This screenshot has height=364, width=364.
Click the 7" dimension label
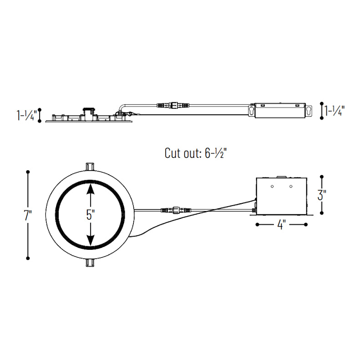click(28, 215)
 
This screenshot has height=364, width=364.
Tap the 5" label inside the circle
click(91, 214)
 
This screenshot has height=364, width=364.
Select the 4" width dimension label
click(281, 224)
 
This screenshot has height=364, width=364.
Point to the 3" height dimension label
click(322, 195)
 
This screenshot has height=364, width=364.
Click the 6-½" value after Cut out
click(216, 153)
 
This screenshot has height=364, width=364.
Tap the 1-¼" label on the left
click(26, 115)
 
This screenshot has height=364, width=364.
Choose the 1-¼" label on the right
click(334, 111)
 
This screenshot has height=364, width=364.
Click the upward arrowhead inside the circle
click(90, 189)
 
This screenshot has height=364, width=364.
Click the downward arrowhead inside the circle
click(90, 240)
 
